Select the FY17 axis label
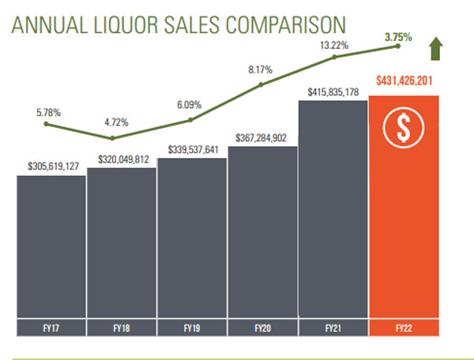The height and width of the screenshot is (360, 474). (x=50, y=326)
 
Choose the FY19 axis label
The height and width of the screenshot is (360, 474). (x=191, y=326)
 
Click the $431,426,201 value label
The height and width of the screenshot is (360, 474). (x=403, y=80)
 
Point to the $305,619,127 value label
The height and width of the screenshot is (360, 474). (x=51, y=167)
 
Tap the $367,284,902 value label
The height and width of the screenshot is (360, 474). (x=262, y=138)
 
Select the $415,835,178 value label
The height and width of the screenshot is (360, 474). (x=333, y=92)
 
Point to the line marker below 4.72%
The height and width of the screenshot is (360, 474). (x=112, y=138)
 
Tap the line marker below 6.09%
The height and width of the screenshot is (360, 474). (x=190, y=120)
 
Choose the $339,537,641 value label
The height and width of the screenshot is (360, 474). (x=191, y=149)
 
